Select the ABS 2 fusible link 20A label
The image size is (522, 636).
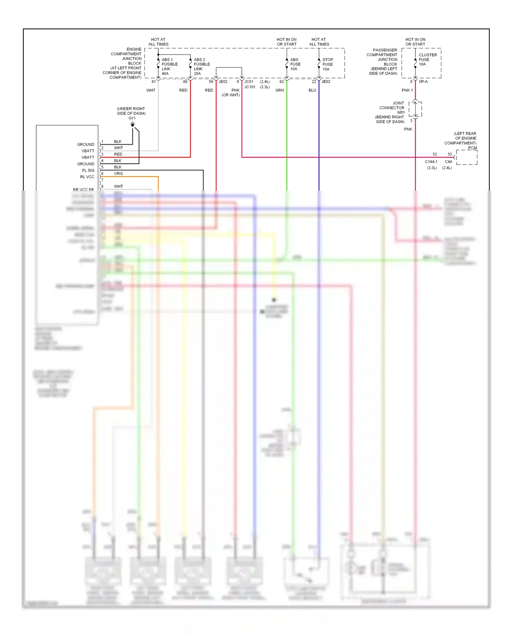tap(201, 66)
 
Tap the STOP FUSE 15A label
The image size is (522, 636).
tap(327, 64)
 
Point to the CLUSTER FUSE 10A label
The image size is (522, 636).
tap(427, 59)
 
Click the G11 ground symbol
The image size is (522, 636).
tap(133, 124)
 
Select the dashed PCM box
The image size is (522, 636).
tap(467, 157)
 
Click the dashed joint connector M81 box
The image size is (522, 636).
tap(415, 109)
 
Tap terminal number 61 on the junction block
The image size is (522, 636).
tap(153, 82)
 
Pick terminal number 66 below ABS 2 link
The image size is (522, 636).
tap(185, 82)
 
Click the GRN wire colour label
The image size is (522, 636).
tap(279, 90)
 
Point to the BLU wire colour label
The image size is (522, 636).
tap(312, 90)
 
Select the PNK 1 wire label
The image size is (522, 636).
tap(407, 90)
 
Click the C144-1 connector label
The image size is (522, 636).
tap(431, 162)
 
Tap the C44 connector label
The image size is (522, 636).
tap(448, 162)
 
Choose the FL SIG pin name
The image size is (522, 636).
tap(88, 170)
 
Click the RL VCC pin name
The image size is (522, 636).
tap(87, 177)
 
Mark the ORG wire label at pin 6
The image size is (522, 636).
tap(118, 174)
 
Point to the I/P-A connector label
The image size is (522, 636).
tap(423, 82)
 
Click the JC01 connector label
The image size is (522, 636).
tap(249, 82)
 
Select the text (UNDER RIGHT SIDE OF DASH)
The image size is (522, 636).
tap(131, 111)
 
